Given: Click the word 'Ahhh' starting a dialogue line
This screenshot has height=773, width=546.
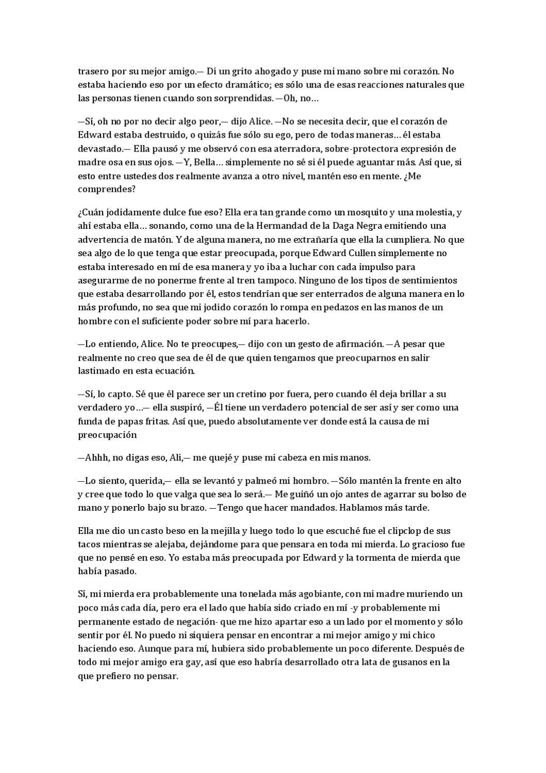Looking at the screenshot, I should click(96, 458).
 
